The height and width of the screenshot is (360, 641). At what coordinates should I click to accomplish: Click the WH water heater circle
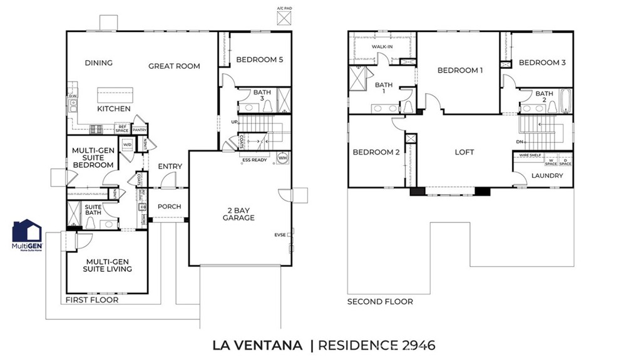pos(282,158)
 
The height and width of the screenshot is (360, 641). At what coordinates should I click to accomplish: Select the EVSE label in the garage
pos(280,235)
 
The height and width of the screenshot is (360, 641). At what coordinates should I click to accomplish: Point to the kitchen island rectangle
pos(115,96)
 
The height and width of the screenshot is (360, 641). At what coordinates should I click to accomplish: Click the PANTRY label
pos(140,130)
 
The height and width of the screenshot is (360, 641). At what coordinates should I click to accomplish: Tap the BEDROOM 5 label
pos(260,59)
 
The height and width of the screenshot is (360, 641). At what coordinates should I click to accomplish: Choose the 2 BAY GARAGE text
pos(238,213)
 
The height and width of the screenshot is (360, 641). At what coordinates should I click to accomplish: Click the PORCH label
pos(169,207)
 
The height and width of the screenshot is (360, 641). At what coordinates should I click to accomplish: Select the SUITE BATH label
pos(93,209)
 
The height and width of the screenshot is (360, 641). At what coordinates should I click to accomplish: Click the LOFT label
pos(464,152)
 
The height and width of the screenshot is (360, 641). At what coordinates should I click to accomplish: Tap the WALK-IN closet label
pos(382,47)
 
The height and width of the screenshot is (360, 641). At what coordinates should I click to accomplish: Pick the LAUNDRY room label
pos(547,176)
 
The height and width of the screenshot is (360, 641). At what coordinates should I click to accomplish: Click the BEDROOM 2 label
pos(376,152)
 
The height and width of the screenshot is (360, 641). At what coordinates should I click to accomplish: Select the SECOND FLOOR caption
pos(380,302)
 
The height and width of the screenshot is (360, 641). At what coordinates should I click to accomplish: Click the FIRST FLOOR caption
pos(92,300)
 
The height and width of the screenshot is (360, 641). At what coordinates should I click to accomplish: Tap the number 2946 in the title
pos(411,345)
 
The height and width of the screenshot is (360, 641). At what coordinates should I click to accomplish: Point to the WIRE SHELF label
pos(530,155)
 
